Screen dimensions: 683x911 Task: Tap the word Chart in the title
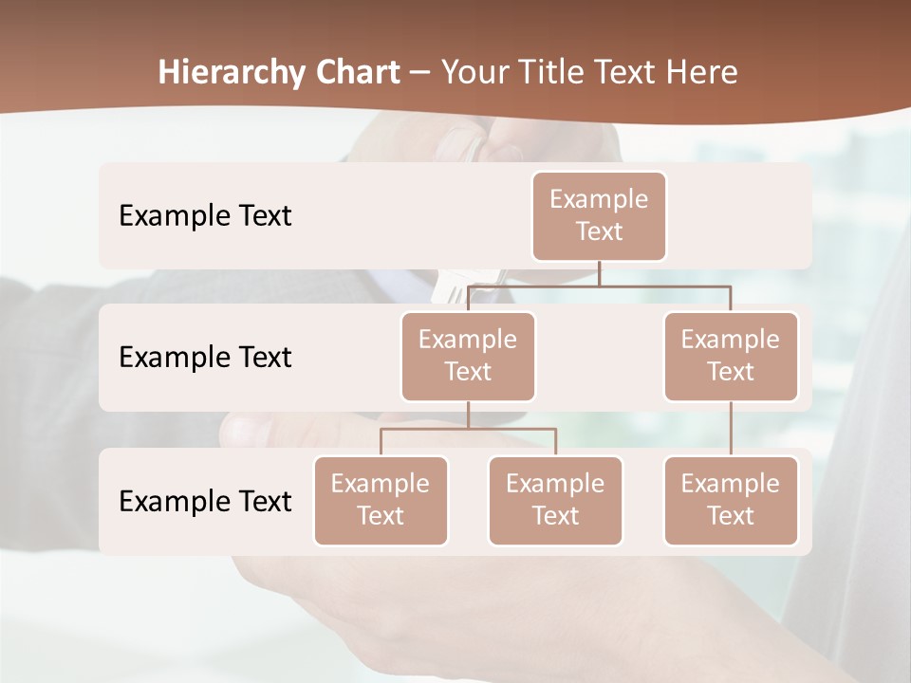pyautogui.click(x=358, y=73)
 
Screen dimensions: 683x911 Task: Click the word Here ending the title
pyautogui.click(x=703, y=73)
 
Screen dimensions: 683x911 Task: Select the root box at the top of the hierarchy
pyautogui.click(x=599, y=216)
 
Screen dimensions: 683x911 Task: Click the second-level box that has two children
pyautogui.click(x=468, y=357)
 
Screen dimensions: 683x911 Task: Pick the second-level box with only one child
pyautogui.click(x=731, y=357)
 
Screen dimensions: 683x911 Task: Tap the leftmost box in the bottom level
pyautogui.click(x=381, y=501)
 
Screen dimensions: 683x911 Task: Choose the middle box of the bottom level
pyautogui.click(x=555, y=501)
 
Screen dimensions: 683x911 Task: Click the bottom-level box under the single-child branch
pyautogui.click(x=731, y=501)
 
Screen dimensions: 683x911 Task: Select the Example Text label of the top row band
pyautogui.click(x=205, y=216)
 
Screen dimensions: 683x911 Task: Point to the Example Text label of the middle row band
pyautogui.click(x=205, y=358)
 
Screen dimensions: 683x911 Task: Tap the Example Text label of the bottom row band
pyautogui.click(x=205, y=501)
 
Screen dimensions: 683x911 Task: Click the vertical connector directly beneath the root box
pyautogui.click(x=599, y=273)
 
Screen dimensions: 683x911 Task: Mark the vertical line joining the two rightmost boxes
pyautogui.click(x=731, y=429)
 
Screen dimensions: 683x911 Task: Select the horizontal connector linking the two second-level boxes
pyautogui.click(x=599, y=286)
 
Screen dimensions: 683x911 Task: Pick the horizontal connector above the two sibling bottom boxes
pyautogui.click(x=468, y=429)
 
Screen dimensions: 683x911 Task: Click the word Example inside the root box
pyautogui.click(x=599, y=200)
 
